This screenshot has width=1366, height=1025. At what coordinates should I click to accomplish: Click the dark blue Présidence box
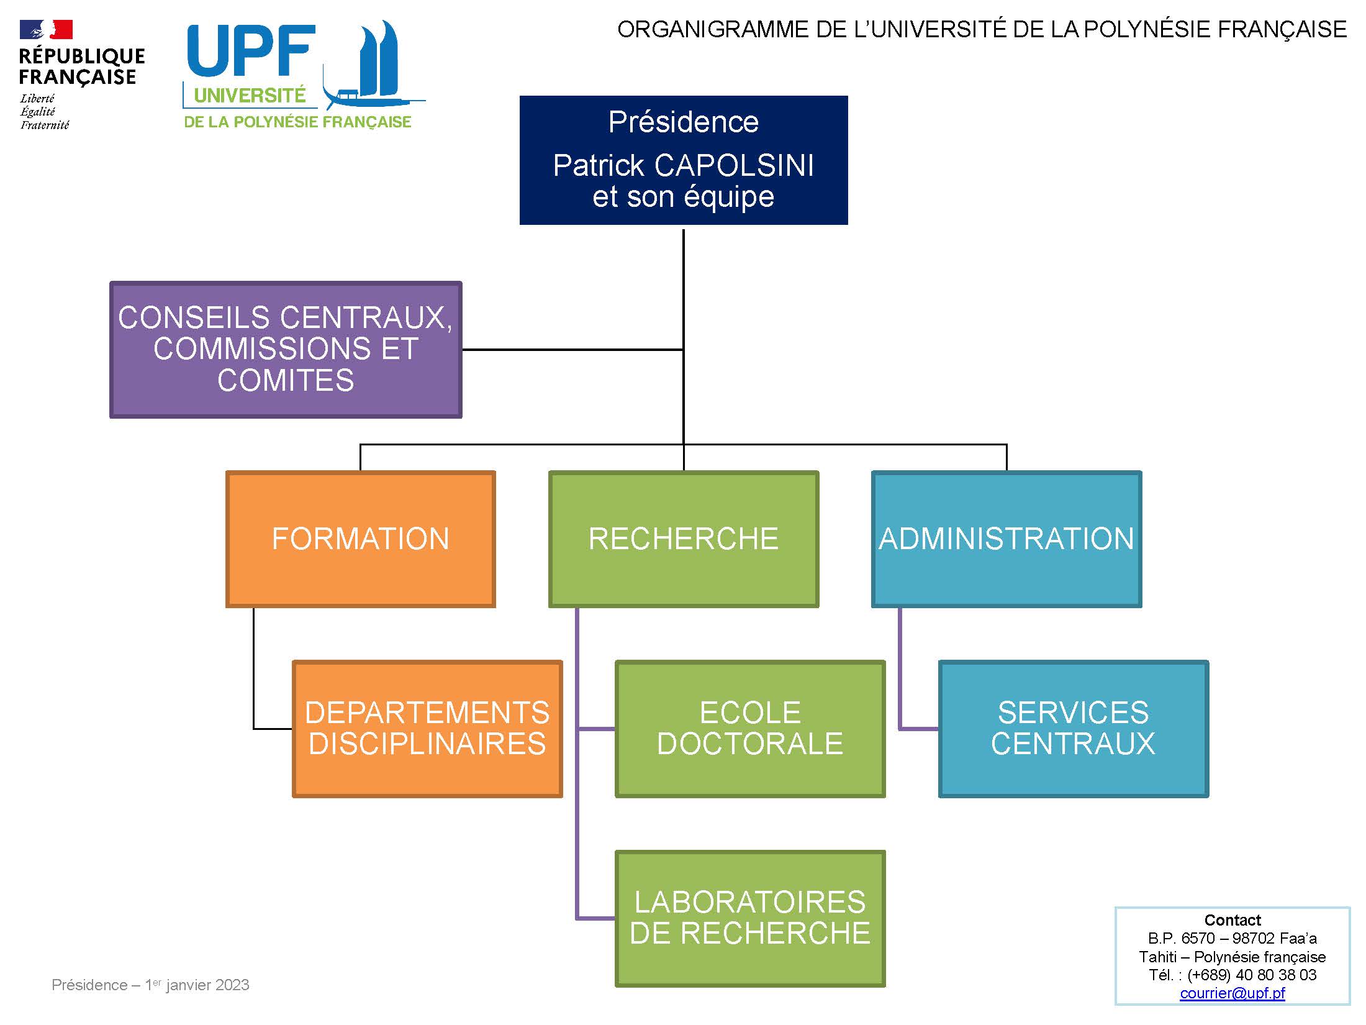[x=684, y=160]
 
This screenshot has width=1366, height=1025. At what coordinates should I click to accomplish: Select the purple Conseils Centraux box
[x=286, y=350]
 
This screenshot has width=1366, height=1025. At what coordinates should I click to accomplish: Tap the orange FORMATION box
[x=361, y=539]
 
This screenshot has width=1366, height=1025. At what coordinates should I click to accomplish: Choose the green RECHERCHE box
[x=684, y=539]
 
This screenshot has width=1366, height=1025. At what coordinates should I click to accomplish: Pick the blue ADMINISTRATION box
[x=1006, y=539]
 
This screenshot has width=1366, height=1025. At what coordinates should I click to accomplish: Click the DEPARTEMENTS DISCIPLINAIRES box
[x=427, y=729]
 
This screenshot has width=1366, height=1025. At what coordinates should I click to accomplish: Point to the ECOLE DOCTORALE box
[x=750, y=729]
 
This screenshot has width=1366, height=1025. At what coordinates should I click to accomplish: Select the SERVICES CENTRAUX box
[x=1074, y=729]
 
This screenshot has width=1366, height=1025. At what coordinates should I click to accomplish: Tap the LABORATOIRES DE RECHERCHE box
[x=750, y=919]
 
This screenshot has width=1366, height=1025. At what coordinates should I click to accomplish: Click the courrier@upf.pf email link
[x=1233, y=993]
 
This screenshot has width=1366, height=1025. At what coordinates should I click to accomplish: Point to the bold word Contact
[x=1233, y=920]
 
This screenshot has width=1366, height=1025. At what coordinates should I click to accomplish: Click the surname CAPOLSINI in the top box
[x=734, y=166]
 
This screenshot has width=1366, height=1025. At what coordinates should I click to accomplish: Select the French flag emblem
[x=46, y=29]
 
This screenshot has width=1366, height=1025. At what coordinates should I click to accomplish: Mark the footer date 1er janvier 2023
[x=197, y=985]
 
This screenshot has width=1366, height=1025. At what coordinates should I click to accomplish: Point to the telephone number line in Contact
[x=1233, y=975]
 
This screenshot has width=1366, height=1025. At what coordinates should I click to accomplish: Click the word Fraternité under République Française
[x=45, y=125]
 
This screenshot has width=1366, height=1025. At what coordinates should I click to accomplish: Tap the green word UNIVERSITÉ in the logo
[x=250, y=96]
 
